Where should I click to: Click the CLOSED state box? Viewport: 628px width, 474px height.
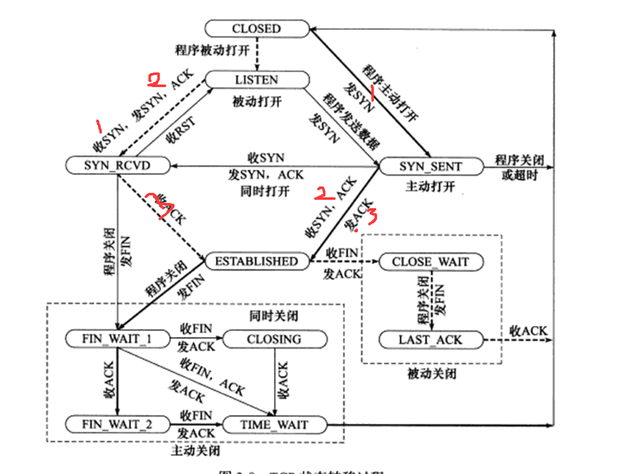256,28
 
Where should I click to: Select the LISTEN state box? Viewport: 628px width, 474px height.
256,80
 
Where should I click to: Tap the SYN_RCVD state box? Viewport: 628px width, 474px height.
117,165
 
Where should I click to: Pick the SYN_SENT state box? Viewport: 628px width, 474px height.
431,166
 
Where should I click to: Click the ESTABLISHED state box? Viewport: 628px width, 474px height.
256,261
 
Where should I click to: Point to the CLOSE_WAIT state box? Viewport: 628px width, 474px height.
431,262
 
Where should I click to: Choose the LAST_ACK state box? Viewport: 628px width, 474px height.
431,340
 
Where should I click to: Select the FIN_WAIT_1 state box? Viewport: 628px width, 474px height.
117,339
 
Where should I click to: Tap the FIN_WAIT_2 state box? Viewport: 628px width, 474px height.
117,424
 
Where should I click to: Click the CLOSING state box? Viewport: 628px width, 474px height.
274,339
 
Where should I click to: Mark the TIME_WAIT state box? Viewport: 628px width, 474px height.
274,425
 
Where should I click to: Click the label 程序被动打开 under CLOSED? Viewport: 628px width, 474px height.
212,50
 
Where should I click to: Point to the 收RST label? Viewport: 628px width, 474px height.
181,130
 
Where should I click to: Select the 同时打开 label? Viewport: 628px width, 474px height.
265,191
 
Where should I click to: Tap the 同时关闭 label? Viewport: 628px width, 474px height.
274,316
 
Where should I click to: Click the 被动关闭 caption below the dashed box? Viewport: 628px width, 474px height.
432,374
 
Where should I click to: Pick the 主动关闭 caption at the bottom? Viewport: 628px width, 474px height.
196,450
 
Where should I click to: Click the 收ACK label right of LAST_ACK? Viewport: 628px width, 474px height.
528,330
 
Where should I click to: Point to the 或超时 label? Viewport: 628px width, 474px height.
520,175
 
